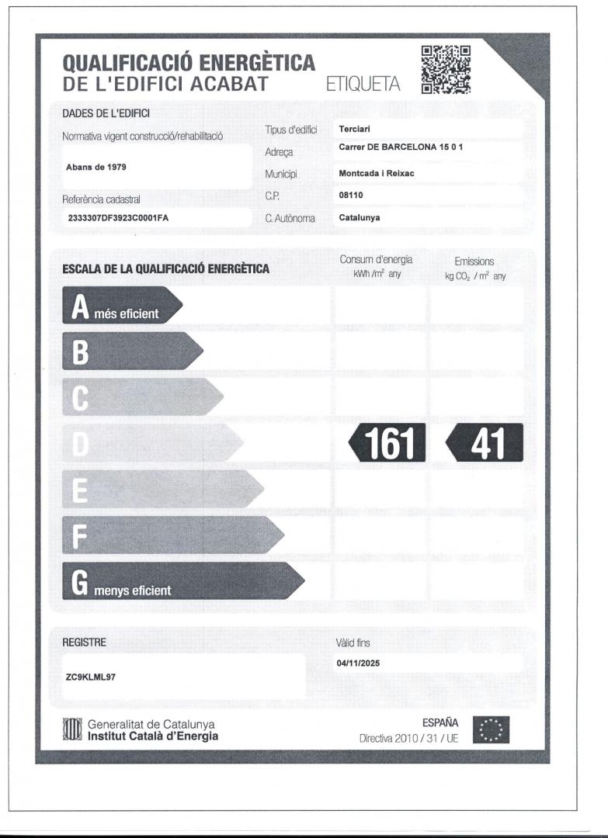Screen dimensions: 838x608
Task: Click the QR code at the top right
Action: (446, 69)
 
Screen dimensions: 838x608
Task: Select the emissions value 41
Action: (485, 443)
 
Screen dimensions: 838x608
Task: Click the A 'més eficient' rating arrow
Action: (121, 306)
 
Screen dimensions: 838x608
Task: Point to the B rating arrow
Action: (132, 351)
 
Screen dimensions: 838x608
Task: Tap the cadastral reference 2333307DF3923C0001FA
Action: (119, 218)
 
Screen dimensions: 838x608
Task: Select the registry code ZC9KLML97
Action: (92, 676)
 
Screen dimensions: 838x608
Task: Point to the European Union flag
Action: (492, 730)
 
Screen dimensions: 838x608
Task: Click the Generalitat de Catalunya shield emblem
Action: (71, 730)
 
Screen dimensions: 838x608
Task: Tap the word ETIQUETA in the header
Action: (363, 84)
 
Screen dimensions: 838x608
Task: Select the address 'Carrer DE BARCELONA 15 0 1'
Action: (401, 147)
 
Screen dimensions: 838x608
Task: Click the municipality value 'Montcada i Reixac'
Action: (377, 174)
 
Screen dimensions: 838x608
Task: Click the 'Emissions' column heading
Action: (474, 261)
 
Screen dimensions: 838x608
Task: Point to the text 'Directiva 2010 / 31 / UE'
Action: (409, 738)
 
